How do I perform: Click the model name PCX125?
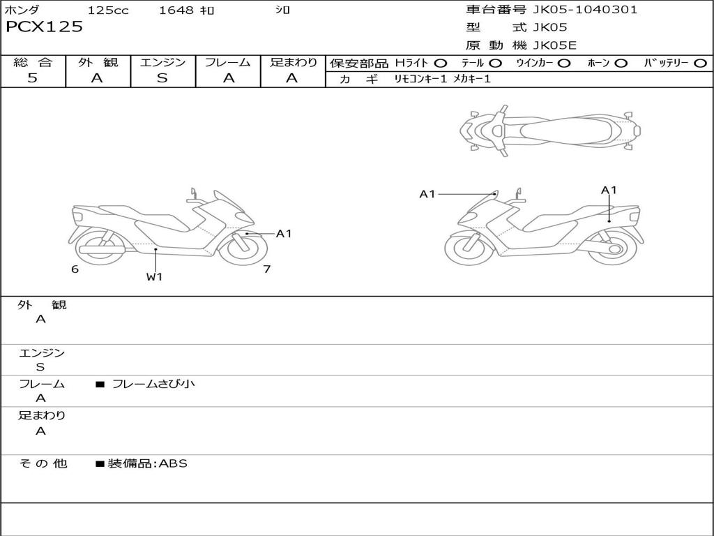point(44,27)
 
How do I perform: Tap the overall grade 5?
point(32,78)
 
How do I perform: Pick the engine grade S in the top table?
point(162,78)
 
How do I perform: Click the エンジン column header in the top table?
point(162,62)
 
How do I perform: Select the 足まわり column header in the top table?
point(293,62)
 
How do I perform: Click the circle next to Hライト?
point(441,64)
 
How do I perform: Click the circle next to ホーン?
point(621,64)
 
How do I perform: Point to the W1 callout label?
point(154,276)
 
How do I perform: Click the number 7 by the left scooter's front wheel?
point(266,269)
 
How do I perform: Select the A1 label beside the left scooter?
point(284,234)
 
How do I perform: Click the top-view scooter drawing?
point(549,130)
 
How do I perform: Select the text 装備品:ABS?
point(147,463)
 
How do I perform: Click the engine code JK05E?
point(555,45)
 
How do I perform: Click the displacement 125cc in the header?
point(108,10)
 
